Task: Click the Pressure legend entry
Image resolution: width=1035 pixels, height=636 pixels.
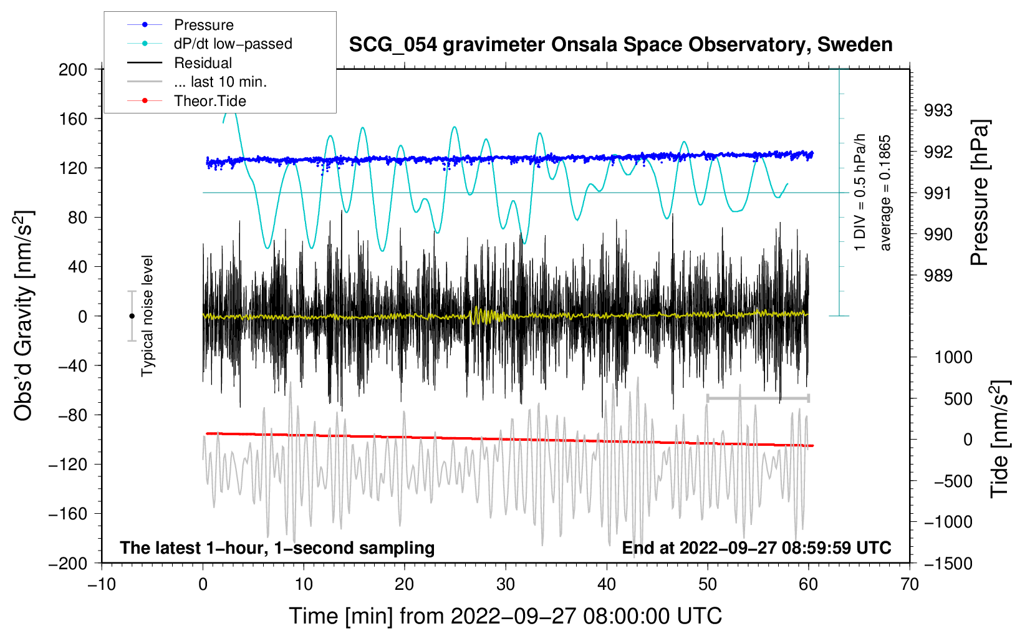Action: click(203, 25)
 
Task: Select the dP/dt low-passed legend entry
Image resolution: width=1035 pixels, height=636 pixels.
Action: click(233, 44)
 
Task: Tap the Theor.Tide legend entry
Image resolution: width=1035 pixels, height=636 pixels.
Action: click(209, 101)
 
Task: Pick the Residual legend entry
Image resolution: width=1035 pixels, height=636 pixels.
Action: click(203, 63)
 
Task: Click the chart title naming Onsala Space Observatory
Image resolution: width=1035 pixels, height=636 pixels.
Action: click(620, 45)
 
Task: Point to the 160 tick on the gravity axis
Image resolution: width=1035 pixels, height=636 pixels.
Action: click(73, 118)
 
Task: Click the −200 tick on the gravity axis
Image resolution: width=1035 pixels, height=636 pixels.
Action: click(68, 563)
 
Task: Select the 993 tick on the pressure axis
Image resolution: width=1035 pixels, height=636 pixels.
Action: click(938, 110)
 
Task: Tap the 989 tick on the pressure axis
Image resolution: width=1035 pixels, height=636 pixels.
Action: click(938, 276)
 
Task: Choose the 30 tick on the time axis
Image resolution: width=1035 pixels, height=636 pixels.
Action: click(506, 584)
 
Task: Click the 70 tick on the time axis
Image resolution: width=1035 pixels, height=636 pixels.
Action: click(910, 584)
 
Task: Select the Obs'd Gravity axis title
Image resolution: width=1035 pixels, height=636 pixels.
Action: click(23, 316)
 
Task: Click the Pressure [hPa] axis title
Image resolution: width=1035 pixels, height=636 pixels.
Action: click(980, 193)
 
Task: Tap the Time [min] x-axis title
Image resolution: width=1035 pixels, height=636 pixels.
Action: click(505, 616)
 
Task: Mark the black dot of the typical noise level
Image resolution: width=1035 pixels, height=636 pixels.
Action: click(132, 316)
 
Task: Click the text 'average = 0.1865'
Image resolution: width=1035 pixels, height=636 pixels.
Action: click(885, 193)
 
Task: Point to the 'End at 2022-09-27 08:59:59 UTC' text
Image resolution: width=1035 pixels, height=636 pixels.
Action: click(756, 547)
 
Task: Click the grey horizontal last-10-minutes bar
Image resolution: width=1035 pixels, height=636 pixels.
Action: click(758, 398)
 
